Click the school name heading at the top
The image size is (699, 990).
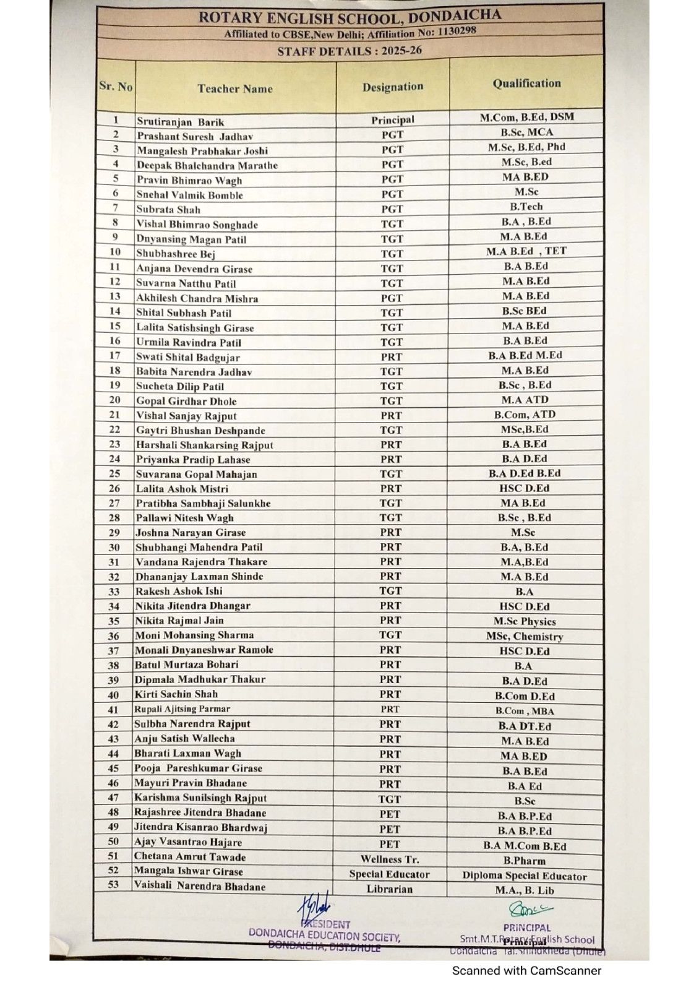point(349,16)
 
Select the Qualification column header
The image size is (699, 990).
point(526,84)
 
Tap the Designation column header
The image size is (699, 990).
point(393,87)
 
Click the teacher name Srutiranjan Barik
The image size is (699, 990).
point(180,122)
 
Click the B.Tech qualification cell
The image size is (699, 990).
point(526,207)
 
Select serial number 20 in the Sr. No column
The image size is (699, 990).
point(115,400)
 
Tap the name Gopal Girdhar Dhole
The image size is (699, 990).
point(186,401)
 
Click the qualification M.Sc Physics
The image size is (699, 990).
point(525,621)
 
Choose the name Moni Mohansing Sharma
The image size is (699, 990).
point(194,635)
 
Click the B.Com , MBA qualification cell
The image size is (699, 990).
point(525,711)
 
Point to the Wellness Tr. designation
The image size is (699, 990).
point(390,859)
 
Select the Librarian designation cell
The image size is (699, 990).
point(390,889)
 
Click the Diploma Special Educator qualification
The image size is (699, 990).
point(525,876)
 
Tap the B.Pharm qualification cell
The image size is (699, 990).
point(525,861)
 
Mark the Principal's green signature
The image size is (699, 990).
point(530,909)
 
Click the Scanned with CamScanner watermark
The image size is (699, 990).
point(526,971)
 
